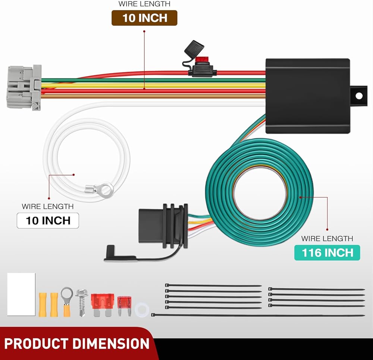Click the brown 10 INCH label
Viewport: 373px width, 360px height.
coord(144,18)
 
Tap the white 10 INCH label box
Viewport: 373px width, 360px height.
coord(48,220)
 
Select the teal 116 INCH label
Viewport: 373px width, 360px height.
coord(327,252)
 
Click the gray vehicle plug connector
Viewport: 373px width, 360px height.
coord(24,88)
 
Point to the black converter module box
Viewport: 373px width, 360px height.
coord(308,96)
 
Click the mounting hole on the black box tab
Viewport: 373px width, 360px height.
coord(359,96)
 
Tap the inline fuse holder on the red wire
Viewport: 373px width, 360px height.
coord(202,71)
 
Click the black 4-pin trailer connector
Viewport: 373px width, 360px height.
coord(163,226)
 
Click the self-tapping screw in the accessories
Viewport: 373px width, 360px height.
coord(82,302)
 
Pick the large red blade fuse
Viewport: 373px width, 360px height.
coord(102,304)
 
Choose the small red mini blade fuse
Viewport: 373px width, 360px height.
coord(124,306)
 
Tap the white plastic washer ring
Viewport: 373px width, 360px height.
coord(142,310)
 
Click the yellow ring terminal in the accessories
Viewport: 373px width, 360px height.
coord(67,302)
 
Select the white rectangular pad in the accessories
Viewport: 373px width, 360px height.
coord(21,294)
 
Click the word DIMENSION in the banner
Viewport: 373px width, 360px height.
coord(111,344)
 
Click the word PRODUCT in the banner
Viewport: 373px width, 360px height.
coord(37,344)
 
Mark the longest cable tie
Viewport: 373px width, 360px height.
coord(258,315)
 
